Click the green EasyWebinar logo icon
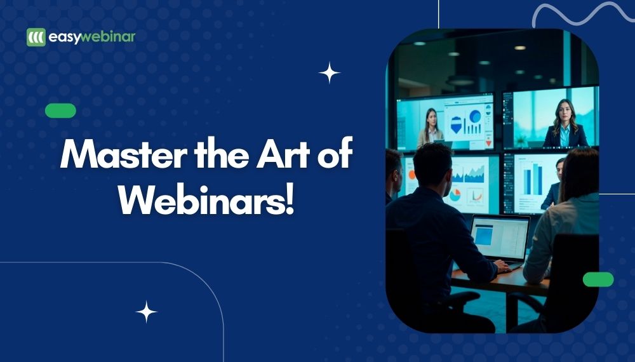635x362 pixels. click(x=36, y=37)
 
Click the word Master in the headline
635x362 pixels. click(x=124, y=154)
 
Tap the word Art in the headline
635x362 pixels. click(x=283, y=154)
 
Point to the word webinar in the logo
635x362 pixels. click(x=108, y=37)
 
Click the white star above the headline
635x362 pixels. click(x=329, y=73)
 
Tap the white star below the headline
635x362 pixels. click(x=146, y=312)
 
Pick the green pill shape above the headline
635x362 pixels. click(x=60, y=111)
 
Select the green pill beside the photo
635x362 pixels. click(x=598, y=279)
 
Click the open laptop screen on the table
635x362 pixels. click(x=500, y=238)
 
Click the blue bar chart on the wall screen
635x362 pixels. click(x=533, y=178)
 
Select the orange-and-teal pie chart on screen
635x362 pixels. click(x=455, y=195)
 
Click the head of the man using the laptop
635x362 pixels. click(x=432, y=164)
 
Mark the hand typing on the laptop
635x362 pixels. click(x=502, y=265)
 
